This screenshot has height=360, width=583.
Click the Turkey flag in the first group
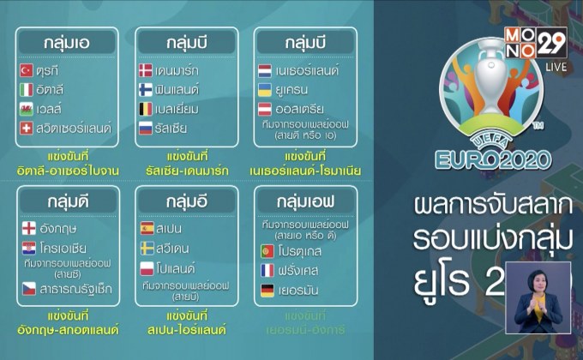(27, 69)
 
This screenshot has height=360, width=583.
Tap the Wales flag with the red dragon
(27, 109)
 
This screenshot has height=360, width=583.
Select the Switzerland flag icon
(27, 129)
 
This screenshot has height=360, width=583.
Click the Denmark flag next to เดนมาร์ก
(147, 69)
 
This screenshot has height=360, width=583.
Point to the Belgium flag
(147, 109)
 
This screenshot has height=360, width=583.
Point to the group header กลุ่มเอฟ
(306, 201)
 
